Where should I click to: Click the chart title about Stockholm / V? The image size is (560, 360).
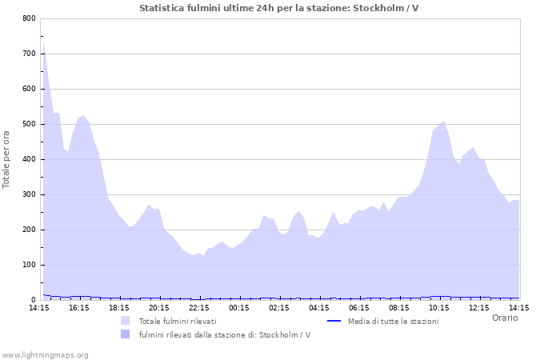[280, 8]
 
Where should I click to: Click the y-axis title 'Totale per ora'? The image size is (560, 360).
[7, 159]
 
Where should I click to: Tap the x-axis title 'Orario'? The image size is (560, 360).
[504, 318]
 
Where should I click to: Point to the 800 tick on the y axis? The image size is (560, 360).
[29, 18]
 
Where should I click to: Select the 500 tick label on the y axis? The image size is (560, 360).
[29, 124]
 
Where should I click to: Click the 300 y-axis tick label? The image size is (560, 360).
[29, 194]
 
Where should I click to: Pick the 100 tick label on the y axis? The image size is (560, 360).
[29, 265]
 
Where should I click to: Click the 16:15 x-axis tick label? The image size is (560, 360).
[79, 307]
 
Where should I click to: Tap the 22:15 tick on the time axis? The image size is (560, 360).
[199, 307]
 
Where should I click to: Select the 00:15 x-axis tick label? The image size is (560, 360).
[239, 307]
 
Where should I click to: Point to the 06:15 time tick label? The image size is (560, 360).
[359, 307]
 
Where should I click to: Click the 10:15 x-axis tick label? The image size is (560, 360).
[439, 307]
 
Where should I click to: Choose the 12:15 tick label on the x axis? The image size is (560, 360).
[479, 307]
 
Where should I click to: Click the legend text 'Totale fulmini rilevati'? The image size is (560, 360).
[178, 321]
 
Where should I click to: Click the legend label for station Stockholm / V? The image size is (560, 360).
[224, 334]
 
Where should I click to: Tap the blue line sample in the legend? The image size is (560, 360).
[335, 321]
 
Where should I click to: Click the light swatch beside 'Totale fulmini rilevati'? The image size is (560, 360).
[126, 321]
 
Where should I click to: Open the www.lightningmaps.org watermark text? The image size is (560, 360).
[45, 354]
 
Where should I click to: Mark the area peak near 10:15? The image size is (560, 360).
[443, 122]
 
